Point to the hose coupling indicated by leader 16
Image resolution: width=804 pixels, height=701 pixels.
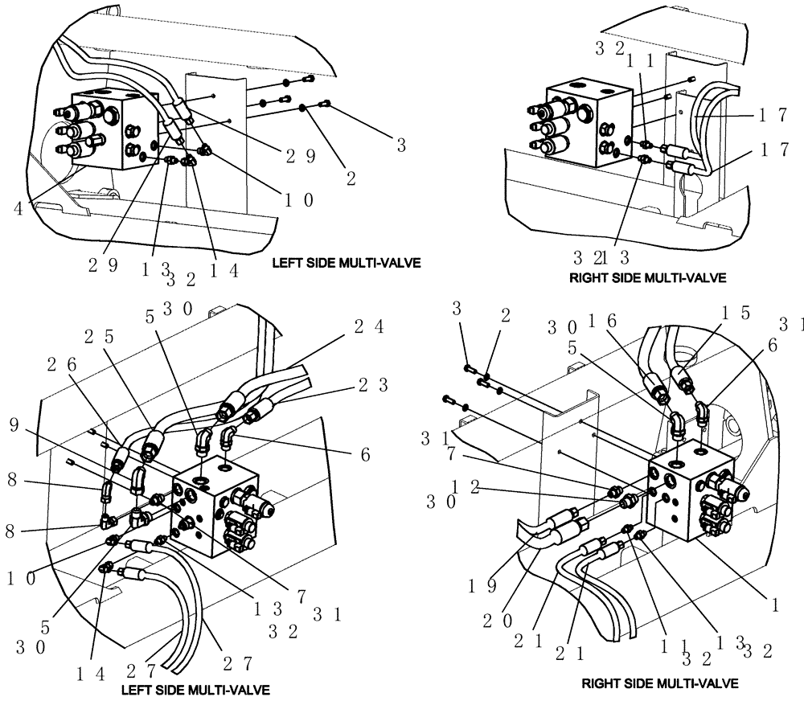(x=660, y=391)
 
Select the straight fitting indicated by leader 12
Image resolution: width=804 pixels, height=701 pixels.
(x=629, y=502)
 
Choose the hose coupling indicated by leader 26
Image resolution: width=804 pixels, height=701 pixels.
(x=120, y=458)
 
